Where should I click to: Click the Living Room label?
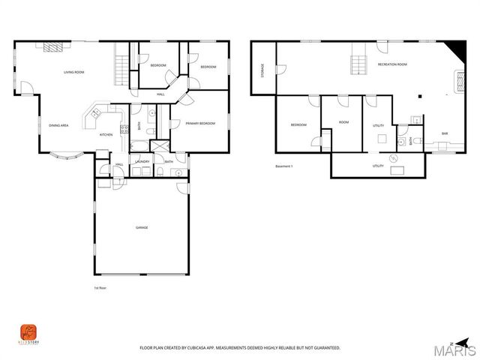pos(73,72)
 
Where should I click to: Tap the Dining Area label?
pos(59,125)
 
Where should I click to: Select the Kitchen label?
pos(106,135)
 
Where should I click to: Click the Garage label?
pos(141,227)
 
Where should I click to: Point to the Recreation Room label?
pos(392,65)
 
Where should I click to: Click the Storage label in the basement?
pos(262,71)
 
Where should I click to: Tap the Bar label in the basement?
pos(445,133)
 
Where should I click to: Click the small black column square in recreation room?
pos(421,96)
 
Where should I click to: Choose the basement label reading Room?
pos(343,121)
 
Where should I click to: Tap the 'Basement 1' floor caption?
pos(286,166)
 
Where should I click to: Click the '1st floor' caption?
pos(100,288)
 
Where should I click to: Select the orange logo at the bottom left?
pos(28,331)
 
